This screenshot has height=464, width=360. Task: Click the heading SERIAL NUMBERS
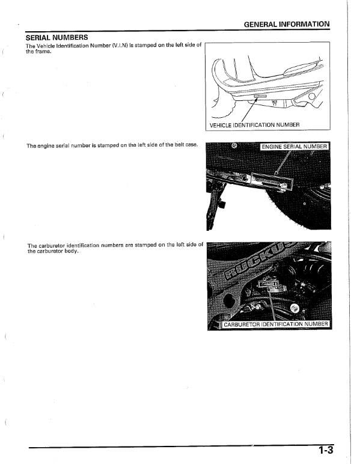pos(56,37)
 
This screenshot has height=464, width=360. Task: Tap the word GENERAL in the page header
pos(263,25)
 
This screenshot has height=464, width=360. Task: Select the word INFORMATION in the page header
pos(306,25)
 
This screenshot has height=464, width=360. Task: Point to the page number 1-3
pos(326,450)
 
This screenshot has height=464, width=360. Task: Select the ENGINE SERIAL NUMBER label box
pos(294,147)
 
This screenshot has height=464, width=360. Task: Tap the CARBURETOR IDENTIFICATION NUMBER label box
pos(276,325)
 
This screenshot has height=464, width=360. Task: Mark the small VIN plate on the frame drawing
pos(260,96)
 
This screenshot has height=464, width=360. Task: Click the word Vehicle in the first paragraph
pos(44,45)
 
